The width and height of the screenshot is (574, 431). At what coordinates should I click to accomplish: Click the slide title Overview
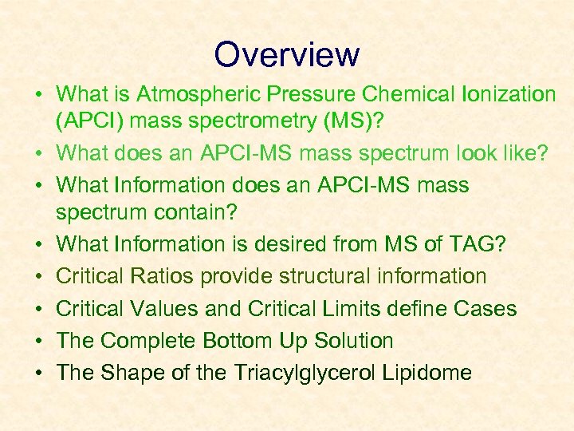[286, 54]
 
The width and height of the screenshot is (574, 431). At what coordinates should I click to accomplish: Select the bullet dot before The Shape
[37, 374]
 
